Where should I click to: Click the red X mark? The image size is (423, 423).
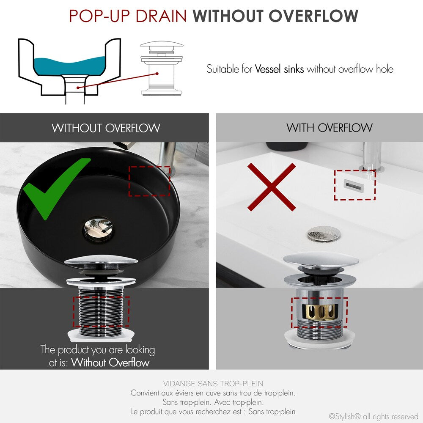click(272, 187)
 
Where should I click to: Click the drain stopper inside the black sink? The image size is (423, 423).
click(99, 227)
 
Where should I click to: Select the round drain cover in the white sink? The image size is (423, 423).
click(324, 233)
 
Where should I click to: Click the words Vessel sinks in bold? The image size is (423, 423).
click(279, 69)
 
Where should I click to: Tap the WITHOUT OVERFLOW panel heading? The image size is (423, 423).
click(106, 128)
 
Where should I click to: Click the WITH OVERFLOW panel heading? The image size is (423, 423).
click(330, 128)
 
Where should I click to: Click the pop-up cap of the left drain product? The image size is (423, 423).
click(101, 261)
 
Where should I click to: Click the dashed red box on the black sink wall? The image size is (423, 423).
click(149, 181)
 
